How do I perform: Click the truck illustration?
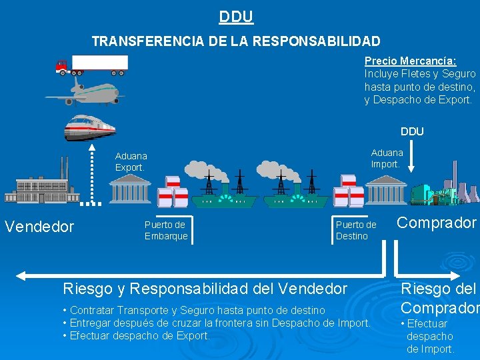[x=92, y=65]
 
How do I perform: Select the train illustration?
[x=89, y=127]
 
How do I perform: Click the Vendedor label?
[x=39, y=227]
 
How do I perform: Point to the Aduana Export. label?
[x=130, y=162]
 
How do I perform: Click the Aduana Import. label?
[x=387, y=158]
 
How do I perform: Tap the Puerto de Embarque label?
[x=166, y=231]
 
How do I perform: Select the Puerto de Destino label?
[x=356, y=231]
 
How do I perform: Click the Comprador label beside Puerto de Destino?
[x=437, y=223]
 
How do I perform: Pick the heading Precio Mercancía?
[x=410, y=61]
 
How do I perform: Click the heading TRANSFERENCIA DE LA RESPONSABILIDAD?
[x=236, y=41]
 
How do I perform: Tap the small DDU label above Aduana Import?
[x=412, y=131]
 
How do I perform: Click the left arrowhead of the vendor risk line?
[x=21, y=275]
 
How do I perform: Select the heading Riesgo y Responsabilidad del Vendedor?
[x=205, y=289]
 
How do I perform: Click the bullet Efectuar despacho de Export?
[x=136, y=335]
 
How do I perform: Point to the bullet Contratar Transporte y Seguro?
[x=193, y=310]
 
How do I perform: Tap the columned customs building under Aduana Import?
[x=385, y=191]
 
